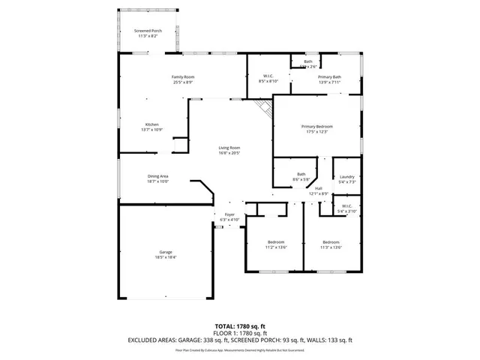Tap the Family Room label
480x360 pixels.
point(184,76)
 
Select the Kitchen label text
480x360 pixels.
point(152,124)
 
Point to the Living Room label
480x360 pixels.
point(229,147)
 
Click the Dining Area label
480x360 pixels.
point(158,175)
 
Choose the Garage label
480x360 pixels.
point(166,251)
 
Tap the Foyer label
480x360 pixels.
point(229,214)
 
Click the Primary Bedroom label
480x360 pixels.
point(317,126)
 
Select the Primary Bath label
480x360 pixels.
point(329,76)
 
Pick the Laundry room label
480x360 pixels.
point(346,176)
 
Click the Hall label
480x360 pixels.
point(319,188)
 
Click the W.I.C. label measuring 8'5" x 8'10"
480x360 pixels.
point(268,81)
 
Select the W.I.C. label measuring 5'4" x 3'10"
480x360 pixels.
point(346,211)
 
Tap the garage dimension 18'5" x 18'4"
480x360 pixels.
point(166,256)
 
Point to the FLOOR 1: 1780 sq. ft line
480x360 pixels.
point(239,334)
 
